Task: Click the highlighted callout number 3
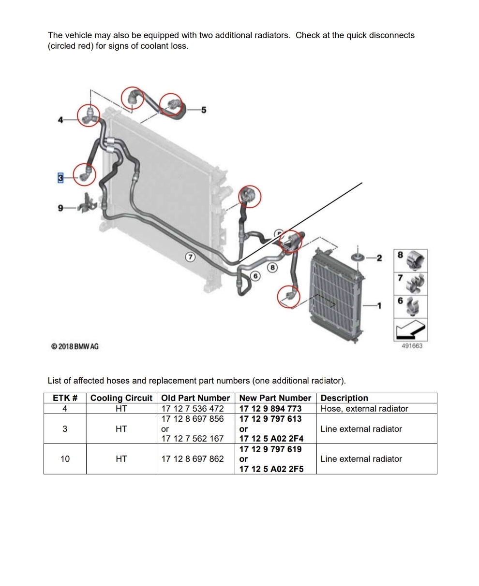click(60, 178)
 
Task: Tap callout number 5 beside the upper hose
click(204, 110)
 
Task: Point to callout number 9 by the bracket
click(60, 208)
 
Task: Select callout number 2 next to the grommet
click(379, 258)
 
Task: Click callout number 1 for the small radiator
click(379, 306)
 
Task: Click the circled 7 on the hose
click(190, 257)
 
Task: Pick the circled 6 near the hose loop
click(255, 276)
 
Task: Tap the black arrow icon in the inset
click(410, 330)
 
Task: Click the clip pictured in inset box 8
click(415, 261)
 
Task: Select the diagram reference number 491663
click(412, 346)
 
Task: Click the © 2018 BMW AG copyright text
click(75, 346)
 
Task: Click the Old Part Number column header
click(195, 398)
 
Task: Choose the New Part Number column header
click(275, 398)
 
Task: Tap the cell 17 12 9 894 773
click(270, 408)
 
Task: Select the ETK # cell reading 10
click(65, 459)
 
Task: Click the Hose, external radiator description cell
click(364, 408)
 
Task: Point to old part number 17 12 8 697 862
click(192, 459)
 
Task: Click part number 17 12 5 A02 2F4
click(271, 439)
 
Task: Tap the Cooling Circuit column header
click(121, 398)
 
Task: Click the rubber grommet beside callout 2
click(358, 257)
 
